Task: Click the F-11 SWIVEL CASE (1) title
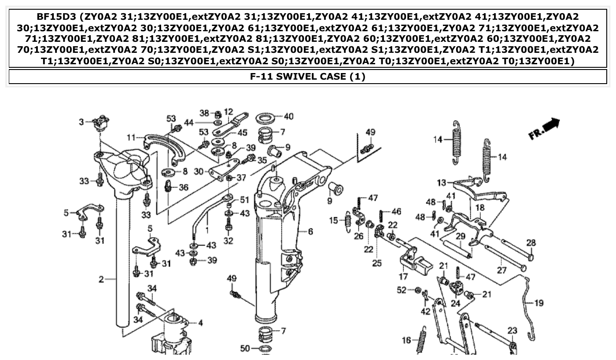(x=308, y=77)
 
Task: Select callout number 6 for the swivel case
(x=310, y=231)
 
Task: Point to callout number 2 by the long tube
(x=101, y=279)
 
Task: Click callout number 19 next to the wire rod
(x=539, y=303)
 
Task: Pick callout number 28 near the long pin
(x=531, y=242)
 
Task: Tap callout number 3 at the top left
(x=81, y=121)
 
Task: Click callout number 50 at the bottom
(x=245, y=349)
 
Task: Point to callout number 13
(x=442, y=182)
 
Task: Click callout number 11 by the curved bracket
(x=131, y=138)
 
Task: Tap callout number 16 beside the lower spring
(x=407, y=340)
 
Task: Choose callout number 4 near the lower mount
(x=200, y=323)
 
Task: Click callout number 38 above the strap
(x=204, y=113)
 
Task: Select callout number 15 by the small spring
(x=335, y=220)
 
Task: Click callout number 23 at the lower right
(x=512, y=330)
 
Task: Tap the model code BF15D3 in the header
(x=52, y=17)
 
